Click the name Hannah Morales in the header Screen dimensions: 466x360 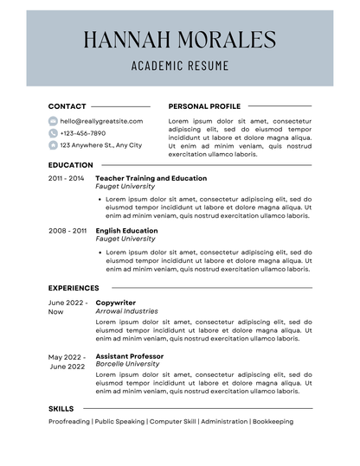(x=180, y=39)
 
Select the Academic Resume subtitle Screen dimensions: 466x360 (x=180, y=65)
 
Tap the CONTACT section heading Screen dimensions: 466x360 (x=67, y=106)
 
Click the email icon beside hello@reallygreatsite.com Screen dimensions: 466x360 (x=53, y=121)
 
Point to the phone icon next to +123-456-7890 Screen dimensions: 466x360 (x=53, y=133)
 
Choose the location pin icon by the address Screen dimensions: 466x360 (x=53, y=145)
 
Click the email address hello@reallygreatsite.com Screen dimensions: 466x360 (x=101, y=121)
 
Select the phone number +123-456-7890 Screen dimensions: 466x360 (x=82, y=133)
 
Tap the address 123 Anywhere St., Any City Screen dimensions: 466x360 (x=100, y=145)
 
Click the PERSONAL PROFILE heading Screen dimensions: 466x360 (x=204, y=106)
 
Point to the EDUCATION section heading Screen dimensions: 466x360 (x=70, y=165)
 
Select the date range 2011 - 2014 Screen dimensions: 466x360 (x=67, y=178)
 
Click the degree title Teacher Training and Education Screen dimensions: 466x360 (x=151, y=178)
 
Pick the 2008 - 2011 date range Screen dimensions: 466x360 (x=67, y=231)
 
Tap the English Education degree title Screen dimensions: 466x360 (x=126, y=231)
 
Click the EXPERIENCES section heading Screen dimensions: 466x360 (x=74, y=288)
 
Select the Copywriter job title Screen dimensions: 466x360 (x=116, y=303)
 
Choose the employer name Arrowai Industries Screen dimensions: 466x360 (x=126, y=311)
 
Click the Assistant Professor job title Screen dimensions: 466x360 (x=129, y=356)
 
